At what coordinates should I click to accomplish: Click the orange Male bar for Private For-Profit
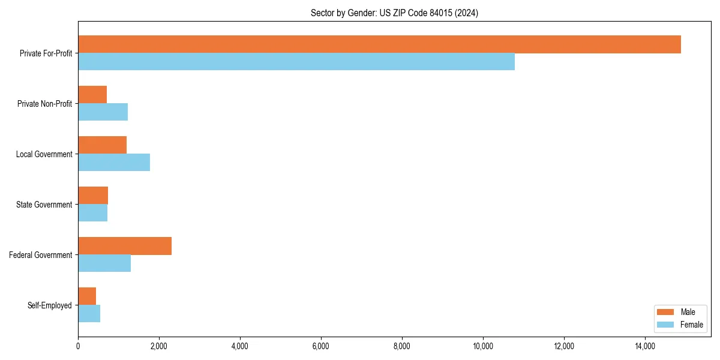[379, 44]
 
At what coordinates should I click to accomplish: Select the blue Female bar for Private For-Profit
[296, 62]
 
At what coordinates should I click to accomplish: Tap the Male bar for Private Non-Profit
[92, 95]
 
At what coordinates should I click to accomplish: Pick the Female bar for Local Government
[114, 163]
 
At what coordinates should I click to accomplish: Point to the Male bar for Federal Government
[125, 246]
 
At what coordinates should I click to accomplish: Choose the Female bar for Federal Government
[104, 263]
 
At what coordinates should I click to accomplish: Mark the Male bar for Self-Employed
[87, 296]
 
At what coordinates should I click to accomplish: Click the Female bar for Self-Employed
[89, 314]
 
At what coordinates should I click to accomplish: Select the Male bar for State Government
[93, 196]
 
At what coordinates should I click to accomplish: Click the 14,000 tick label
[645, 346]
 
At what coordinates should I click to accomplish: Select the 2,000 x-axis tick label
[159, 346]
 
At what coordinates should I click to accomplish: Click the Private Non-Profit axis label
[44, 104]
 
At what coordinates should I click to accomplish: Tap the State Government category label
[44, 205]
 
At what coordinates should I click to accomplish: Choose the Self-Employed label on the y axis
[49, 305]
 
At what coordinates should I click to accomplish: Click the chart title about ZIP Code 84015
[394, 13]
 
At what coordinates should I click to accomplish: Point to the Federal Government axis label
[41, 255]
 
